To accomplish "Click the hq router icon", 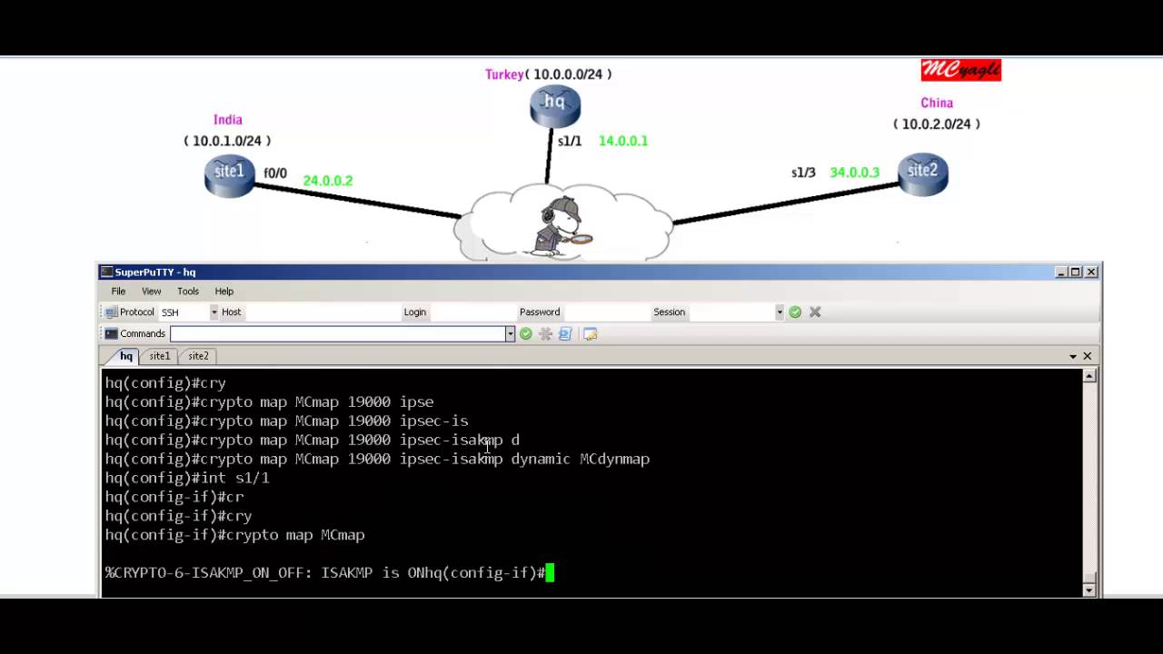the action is [554, 105].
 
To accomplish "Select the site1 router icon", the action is [229, 174].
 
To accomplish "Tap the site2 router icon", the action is [922, 173].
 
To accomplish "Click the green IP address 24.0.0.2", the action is [327, 181].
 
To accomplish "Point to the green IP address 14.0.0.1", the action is [622, 141].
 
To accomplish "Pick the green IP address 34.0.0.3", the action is [854, 173].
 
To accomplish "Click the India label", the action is [227, 120].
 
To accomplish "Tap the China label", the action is [936, 104].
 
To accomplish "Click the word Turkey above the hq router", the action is [504, 74].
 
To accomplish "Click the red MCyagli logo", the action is [960, 71].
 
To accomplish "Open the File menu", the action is [118, 292].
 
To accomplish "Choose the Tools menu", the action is [188, 292].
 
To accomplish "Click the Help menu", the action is [224, 292].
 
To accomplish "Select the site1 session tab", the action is [159, 356].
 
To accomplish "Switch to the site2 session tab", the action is [198, 356].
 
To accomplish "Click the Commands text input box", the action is [337, 334].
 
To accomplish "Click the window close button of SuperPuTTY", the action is [1091, 272].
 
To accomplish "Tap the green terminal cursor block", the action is [550, 573].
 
